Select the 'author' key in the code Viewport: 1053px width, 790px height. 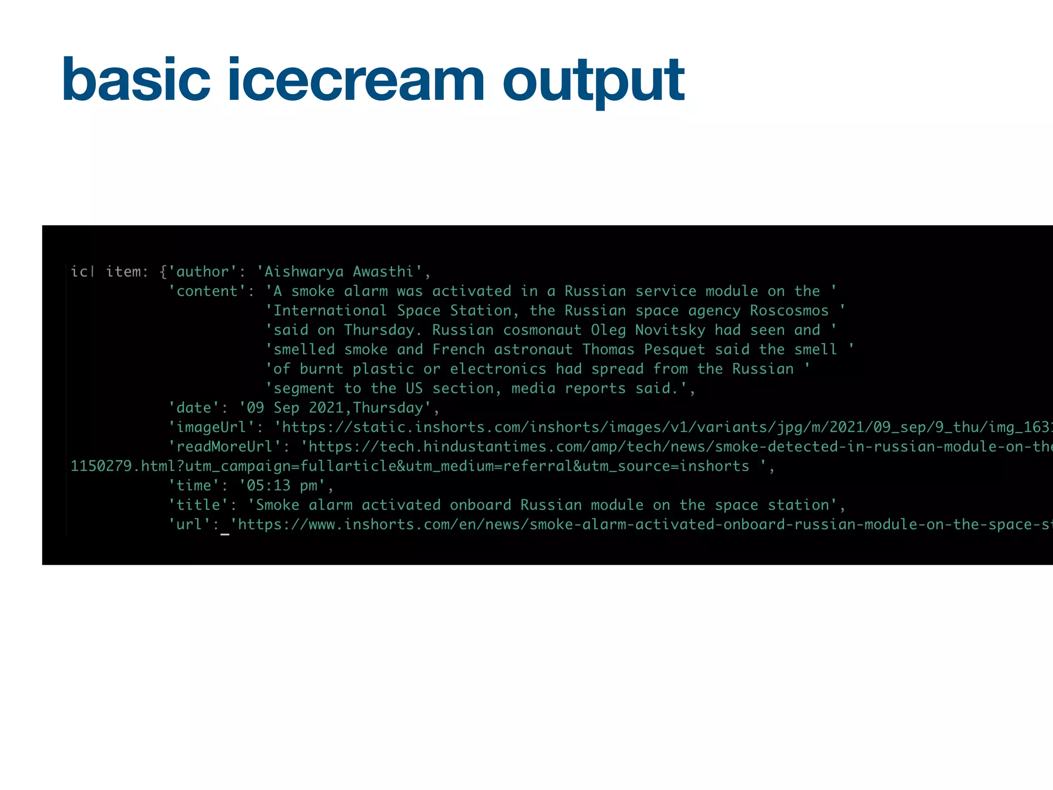[203, 272]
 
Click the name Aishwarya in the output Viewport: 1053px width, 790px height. [303, 272]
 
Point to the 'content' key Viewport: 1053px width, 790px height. [207, 291]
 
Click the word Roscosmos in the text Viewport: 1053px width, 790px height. [789, 311]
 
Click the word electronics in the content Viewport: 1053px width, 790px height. [498, 369]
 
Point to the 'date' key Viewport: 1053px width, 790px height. [194, 408]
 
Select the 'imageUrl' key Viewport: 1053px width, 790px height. [211, 427]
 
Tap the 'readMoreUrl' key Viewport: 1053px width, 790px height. [225, 446]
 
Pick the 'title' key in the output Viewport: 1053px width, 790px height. [198, 505]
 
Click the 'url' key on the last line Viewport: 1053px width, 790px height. [190, 525]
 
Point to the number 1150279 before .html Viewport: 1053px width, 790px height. [101, 466]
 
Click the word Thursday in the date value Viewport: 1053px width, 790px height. [388, 408]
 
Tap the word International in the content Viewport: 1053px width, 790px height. [330, 311]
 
